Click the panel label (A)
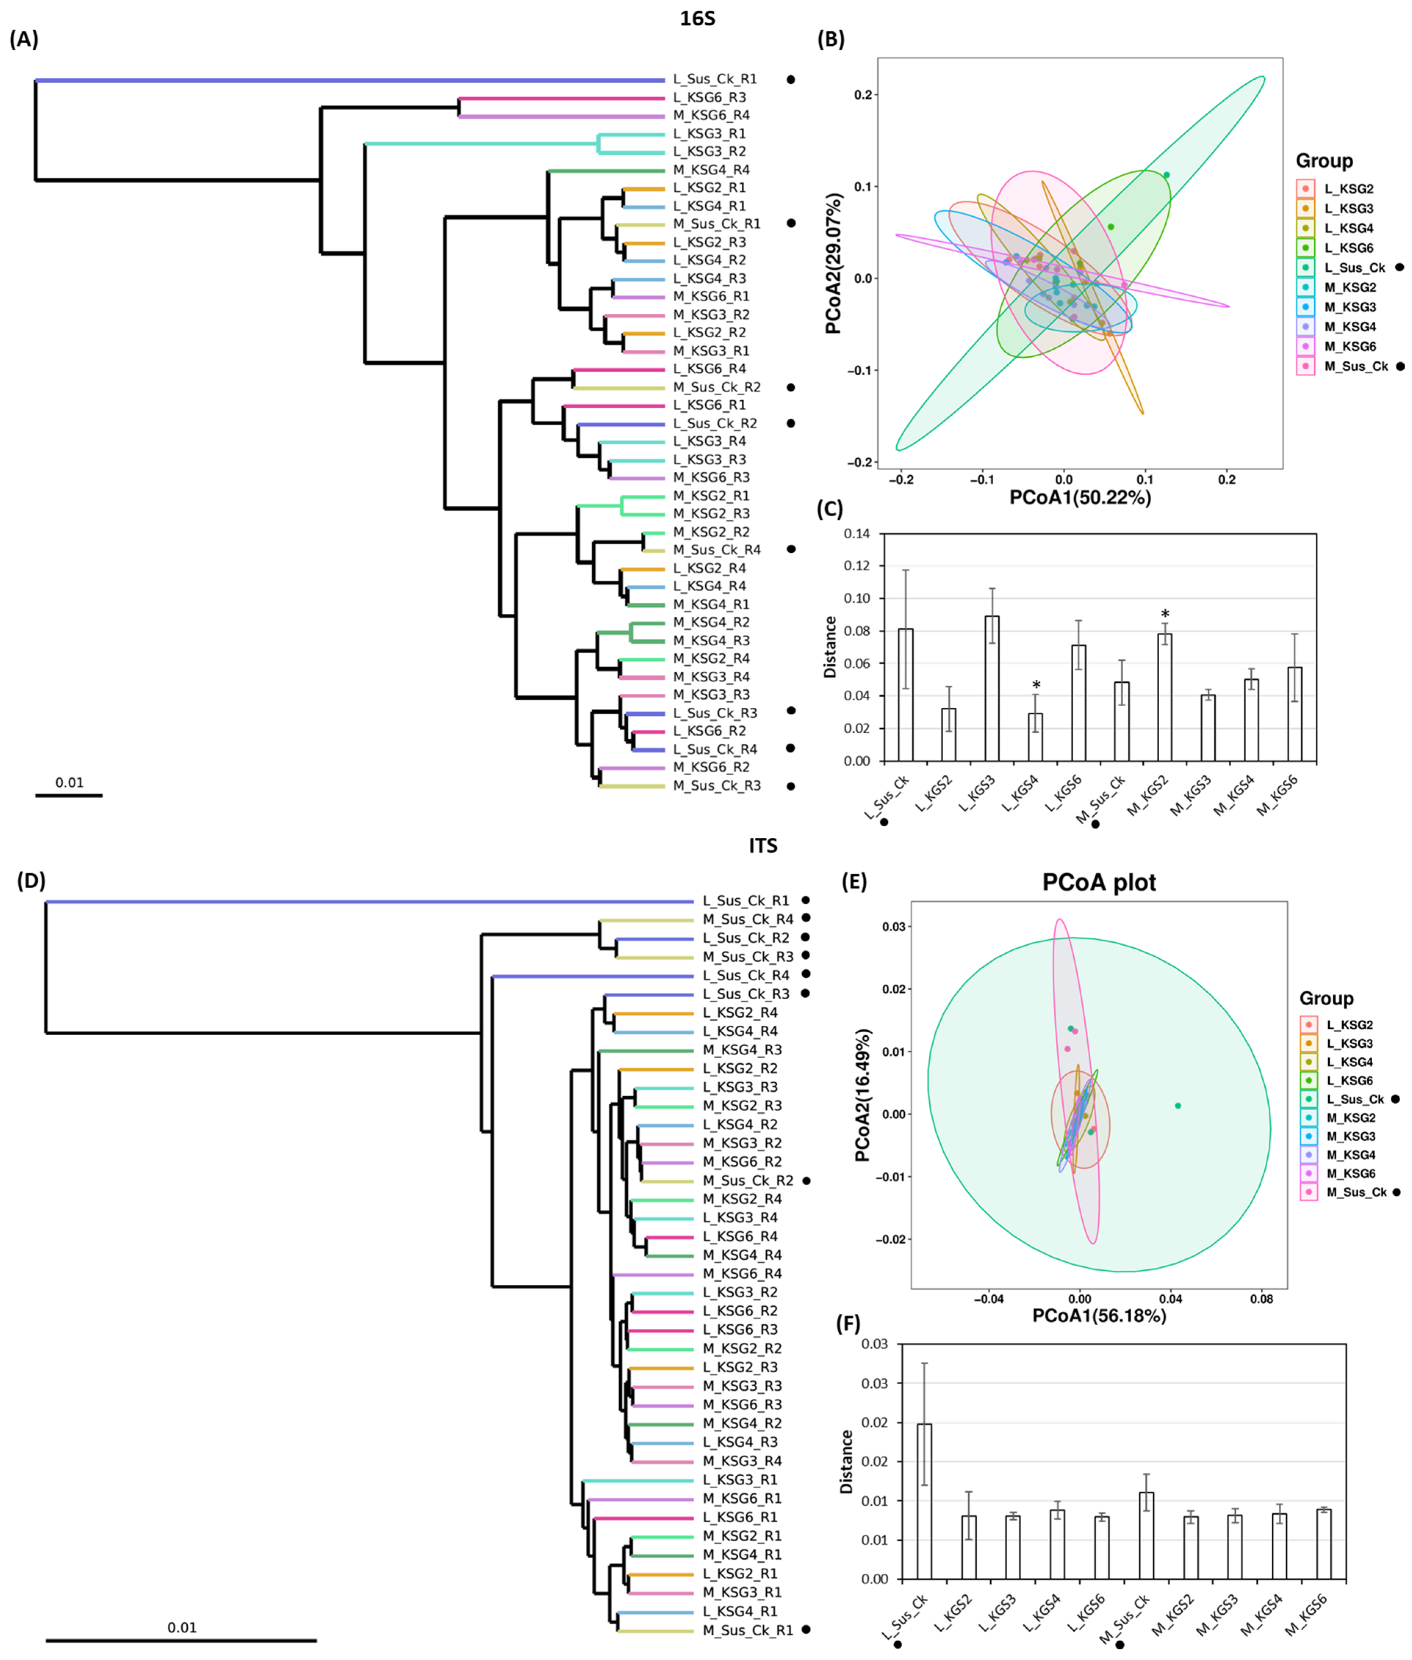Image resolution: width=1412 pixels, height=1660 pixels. point(23,39)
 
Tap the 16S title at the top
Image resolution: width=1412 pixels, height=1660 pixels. point(697,18)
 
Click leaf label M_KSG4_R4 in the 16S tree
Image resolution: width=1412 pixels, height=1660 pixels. point(711,170)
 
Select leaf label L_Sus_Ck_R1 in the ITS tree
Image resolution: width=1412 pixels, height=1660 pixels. point(745,901)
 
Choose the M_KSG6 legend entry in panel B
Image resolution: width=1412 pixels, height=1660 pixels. point(1350,347)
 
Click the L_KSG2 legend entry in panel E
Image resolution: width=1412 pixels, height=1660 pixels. point(1350,1025)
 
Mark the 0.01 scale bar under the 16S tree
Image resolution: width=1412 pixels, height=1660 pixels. point(69,795)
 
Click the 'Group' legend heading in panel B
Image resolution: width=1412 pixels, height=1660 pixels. point(1324,161)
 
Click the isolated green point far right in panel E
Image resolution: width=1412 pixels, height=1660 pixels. point(1178,1105)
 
